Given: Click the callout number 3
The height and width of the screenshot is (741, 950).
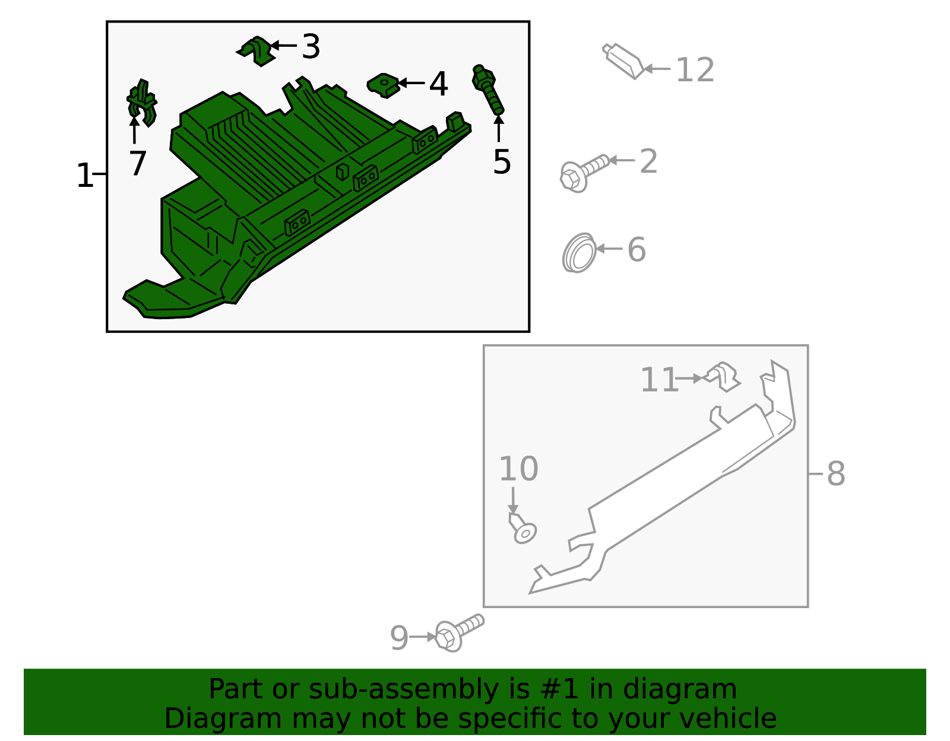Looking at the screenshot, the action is (x=311, y=46).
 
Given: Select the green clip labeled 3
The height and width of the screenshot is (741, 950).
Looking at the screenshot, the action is (x=258, y=51).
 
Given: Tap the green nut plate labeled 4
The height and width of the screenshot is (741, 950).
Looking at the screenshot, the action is (x=384, y=85).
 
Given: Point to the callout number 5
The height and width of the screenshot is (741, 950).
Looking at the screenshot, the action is (x=502, y=162).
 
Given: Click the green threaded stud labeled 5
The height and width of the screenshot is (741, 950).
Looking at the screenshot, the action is (x=488, y=90).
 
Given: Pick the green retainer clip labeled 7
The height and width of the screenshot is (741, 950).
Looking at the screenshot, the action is (x=142, y=103).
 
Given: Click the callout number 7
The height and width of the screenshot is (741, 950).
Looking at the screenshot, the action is (x=138, y=163).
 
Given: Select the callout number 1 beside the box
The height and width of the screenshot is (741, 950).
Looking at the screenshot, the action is (x=85, y=176).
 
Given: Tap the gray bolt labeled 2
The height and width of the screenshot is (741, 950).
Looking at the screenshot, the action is (x=584, y=174).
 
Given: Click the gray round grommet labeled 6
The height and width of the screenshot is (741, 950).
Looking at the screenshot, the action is (x=579, y=253).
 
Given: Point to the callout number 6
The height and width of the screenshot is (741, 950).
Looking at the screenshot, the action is (x=636, y=250).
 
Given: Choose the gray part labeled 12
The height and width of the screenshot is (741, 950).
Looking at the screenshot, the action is (x=623, y=61).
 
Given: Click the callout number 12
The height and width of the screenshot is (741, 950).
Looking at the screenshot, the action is (x=695, y=70).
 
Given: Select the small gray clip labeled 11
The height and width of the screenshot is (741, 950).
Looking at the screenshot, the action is (x=723, y=377).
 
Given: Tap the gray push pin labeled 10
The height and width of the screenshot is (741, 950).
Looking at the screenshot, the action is (x=522, y=529).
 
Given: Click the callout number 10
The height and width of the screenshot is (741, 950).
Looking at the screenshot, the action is (x=518, y=469).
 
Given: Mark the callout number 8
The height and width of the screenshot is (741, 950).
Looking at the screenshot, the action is (x=836, y=474).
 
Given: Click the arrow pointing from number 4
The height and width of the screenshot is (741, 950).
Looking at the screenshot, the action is (x=411, y=82).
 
